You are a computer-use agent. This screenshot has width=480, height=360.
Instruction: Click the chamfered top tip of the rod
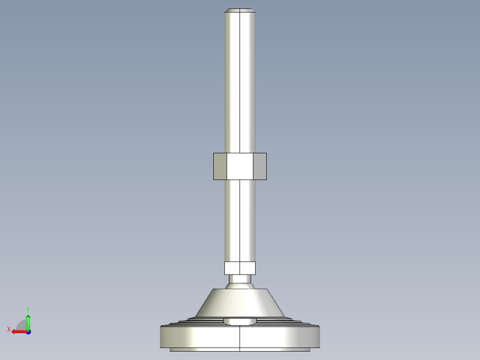pyautogui.click(x=240, y=10)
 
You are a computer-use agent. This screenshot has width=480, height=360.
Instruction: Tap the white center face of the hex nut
pyautogui.click(x=240, y=166)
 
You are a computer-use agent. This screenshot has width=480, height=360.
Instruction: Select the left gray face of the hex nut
pyautogui.click(x=220, y=166)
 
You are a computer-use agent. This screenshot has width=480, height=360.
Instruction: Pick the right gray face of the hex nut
pyautogui.click(x=260, y=166)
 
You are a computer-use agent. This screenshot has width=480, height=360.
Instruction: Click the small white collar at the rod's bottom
pyautogui.click(x=240, y=268)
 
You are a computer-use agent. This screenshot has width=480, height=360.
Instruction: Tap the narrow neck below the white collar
pyautogui.click(x=240, y=279)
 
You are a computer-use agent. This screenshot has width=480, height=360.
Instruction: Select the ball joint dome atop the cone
pyautogui.click(x=240, y=286)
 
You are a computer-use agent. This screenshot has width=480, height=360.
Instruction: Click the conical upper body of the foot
pyautogui.click(x=240, y=303)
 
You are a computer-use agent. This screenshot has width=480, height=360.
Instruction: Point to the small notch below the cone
pyautogui.click(x=240, y=321)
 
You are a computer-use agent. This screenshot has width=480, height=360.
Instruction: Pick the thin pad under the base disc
pyautogui.click(x=240, y=349)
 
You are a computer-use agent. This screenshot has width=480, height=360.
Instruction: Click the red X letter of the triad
pyautogui.click(x=8, y=329)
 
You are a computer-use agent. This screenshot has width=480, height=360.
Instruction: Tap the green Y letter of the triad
pyautogui.click(x=28, y=309)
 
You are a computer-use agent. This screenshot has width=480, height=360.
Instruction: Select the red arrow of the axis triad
pyautogui.click(x=18, y=331)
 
